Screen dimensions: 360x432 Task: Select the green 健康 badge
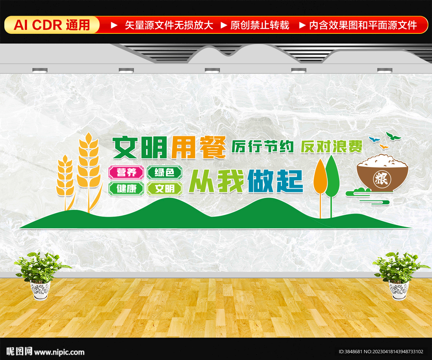coord(127,189)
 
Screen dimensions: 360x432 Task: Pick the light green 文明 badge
coord(165,189)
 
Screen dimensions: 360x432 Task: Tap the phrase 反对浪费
coord(332,146)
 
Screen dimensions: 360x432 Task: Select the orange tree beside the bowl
coord(320,177)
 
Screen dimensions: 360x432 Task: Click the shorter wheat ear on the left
coord(65,175)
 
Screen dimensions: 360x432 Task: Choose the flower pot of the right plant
coord(399,290)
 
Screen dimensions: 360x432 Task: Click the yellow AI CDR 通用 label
coord(52,25)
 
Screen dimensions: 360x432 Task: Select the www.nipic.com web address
coord(59,352)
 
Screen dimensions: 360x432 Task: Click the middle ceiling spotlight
coord(212,70)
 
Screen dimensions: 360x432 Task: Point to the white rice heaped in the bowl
coord(382,161)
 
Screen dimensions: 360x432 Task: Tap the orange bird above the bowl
coord(383,146)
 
